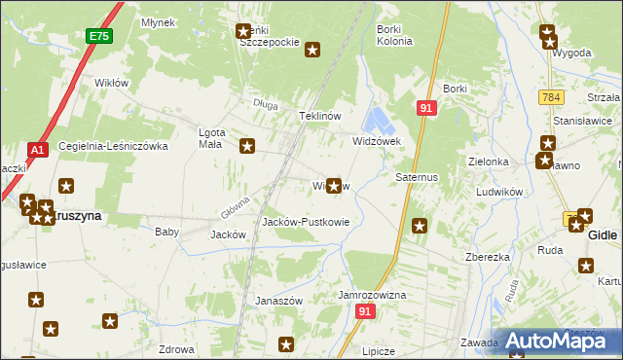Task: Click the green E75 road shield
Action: [97, 36]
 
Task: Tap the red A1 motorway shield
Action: [37, 150]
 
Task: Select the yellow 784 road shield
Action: [552, 96]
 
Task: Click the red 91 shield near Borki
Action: [425, 108]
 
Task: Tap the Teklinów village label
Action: [319, 116]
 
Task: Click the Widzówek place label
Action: [376, 141]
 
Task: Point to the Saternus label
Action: [417, 178]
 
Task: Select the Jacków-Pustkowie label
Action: [306, 222]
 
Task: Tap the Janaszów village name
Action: [279, 301]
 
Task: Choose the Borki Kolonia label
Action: [394, 36]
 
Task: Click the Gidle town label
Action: [603, 235]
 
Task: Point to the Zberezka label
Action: [489, 258]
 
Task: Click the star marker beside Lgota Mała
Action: [247, 146]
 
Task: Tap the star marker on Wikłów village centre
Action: [335, 185]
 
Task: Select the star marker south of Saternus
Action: [420, 226]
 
